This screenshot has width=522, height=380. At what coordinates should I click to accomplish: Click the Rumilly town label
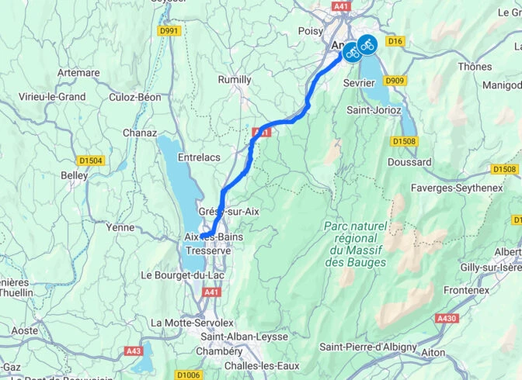coord(234,80)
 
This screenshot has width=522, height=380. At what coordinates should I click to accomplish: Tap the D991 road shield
coord(169,31)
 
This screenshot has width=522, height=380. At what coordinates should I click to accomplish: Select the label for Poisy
coord(310,31)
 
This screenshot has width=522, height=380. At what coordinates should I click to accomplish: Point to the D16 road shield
coord(396,40)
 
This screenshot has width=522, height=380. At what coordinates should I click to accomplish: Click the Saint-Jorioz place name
coord(374,110)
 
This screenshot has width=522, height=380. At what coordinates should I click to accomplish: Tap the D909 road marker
coord(395,80)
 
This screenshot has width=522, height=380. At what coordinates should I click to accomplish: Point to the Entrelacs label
coord(199,157)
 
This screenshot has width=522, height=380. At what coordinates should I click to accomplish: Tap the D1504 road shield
coord(92,161)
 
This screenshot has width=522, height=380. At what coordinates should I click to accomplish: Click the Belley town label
coord(75,175)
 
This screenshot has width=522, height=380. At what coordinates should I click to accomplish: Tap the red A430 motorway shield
coord(447,318)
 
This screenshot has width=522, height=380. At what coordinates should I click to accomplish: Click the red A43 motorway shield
coord(134,351)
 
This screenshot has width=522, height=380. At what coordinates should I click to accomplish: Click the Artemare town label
coord(78,73)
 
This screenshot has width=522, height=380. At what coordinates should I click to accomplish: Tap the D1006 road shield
coord(188,375)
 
